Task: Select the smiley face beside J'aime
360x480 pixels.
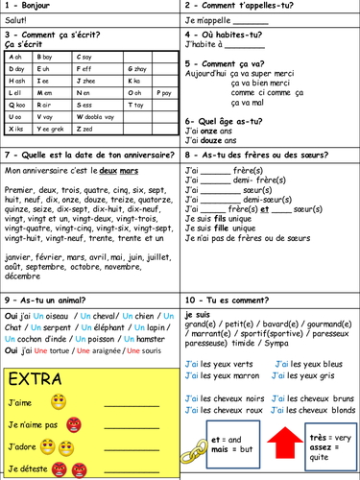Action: coord(59,401)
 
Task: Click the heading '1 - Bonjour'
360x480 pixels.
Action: coord(29,8)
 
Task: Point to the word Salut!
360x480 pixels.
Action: coord(17,23)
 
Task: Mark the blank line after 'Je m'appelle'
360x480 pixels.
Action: coord(250,23)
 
